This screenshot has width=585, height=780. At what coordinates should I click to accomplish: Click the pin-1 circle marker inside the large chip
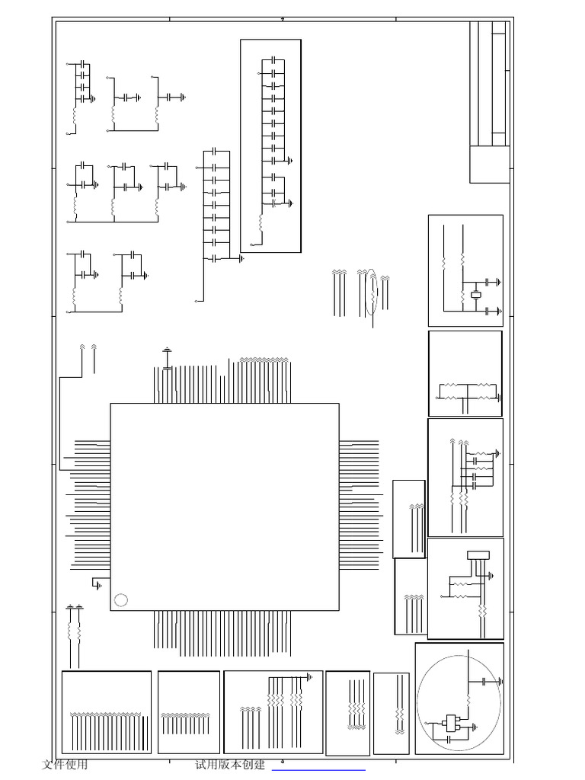coord(120,599)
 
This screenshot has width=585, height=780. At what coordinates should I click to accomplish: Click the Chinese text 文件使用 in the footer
coord(65,765)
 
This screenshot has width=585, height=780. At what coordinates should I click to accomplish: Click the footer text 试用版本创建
coord(230,765)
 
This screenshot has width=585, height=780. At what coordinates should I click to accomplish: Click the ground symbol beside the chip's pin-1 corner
coord(97,584)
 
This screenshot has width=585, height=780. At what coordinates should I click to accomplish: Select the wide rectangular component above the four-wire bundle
coord(478,554)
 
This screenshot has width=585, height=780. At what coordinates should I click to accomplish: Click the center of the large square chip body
coord(225,507)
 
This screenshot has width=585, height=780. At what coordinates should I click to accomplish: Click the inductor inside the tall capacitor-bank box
coord(261,223)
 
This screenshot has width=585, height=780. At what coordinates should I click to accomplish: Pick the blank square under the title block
coord(489,164)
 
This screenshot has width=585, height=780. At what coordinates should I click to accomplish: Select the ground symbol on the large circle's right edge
coord(500,682)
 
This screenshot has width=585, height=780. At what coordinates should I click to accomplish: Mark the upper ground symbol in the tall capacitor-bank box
coord(291,161)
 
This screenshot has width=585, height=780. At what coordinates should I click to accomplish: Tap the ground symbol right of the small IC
coord(478,725)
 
